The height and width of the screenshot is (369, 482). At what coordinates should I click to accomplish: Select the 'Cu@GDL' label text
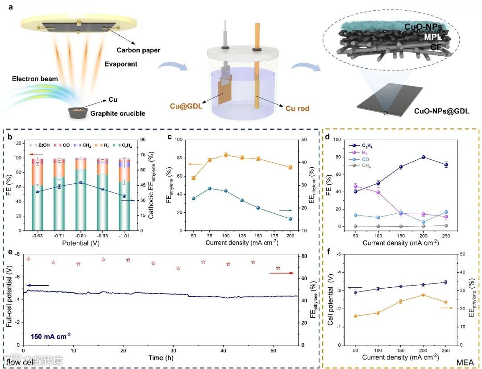[x=184, y=106]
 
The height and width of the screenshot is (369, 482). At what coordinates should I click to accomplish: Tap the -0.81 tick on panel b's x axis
[x=81, y=235]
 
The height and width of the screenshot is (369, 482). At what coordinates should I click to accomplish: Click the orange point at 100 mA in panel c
[x=226, y=155]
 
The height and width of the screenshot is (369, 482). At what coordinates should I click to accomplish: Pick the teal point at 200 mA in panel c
[x=290, y=219]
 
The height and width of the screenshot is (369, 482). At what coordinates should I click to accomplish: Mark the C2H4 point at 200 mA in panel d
[x=423, y=157]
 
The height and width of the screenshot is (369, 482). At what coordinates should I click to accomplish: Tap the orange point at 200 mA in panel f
[x=423, y=295]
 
